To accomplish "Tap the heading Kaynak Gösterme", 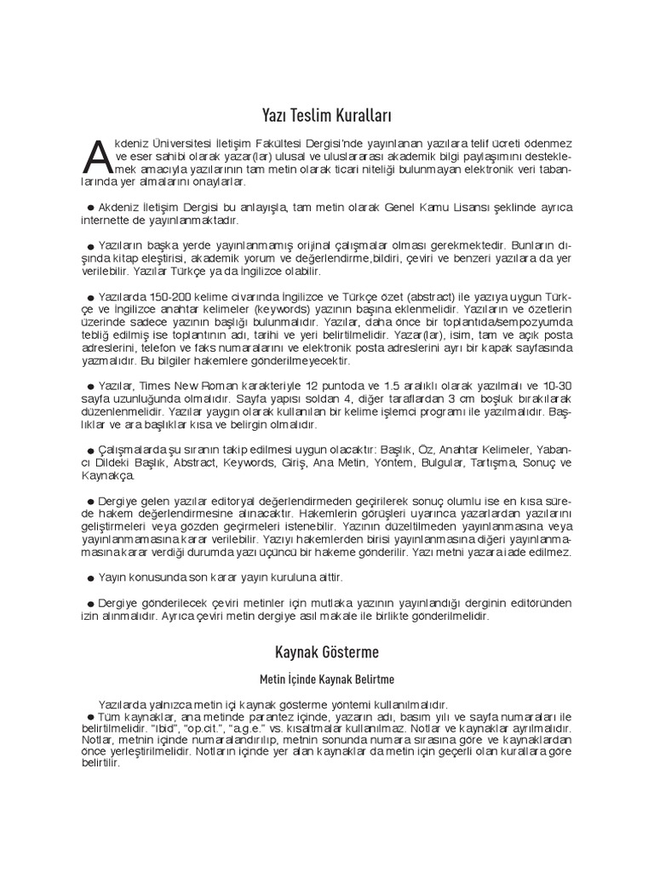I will (327, 653).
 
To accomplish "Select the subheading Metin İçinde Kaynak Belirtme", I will (327, 681).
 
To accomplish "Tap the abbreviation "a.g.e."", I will (276, 730).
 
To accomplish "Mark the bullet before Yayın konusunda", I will (90, 579).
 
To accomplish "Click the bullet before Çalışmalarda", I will (90, 450).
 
